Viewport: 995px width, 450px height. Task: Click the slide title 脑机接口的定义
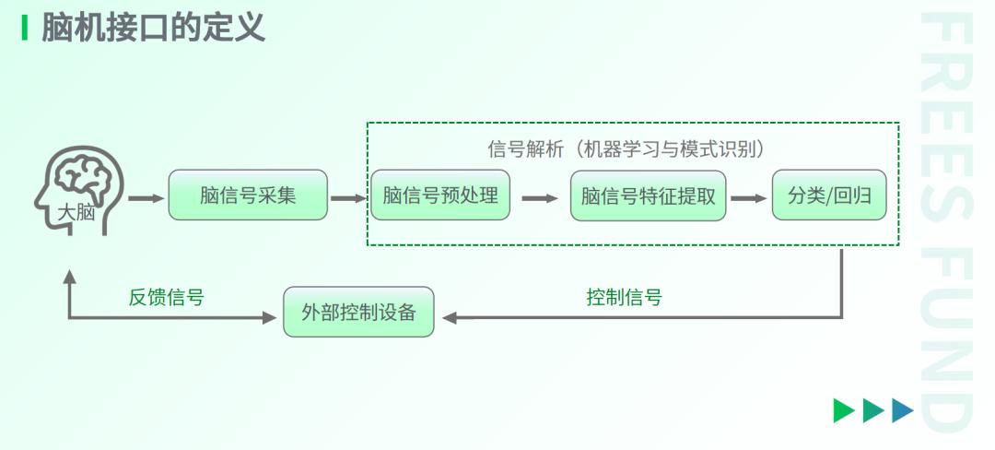point(153,28)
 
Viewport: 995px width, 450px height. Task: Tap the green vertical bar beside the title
point(25,28)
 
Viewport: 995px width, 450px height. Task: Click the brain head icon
point(78,190)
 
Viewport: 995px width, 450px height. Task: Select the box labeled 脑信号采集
point(248,195)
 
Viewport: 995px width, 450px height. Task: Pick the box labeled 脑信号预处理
point(440,195)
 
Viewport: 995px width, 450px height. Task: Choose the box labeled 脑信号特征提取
point(648,195)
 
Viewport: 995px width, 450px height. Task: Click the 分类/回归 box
point(829,195)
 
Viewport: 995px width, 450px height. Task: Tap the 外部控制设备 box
point(358,312)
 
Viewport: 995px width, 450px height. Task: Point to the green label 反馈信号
point(166,296)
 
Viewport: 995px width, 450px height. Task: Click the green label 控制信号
point(625,296)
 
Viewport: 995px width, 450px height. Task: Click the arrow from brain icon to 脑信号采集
point(146,198)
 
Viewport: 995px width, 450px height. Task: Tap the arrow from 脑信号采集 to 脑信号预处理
point(349,198)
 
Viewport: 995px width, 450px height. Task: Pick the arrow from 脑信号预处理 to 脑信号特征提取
point(540,198)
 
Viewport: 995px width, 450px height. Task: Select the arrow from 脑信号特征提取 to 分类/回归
point(749,198)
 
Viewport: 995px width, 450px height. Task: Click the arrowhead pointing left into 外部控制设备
point(450,317)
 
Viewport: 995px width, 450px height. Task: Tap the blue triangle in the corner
point(902,410)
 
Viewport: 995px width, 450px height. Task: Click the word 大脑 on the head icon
point(76,212)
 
